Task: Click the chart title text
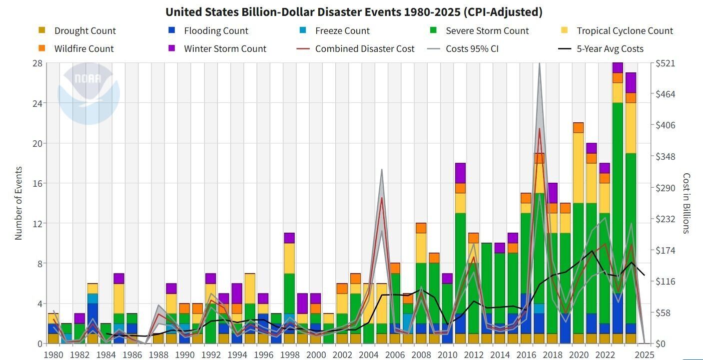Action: pyautogui.click(x=354, y=12)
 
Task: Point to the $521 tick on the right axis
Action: pyautogui.click(x=666, y=63)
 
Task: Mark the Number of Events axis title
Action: pyautogui.click(x=19, y=203)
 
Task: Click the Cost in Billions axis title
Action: pyautogui.click(x=686, y=203)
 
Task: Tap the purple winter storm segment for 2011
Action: pyautogui.click(x=460, y=173)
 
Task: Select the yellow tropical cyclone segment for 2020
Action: pyautogui.click(x=578, y=167)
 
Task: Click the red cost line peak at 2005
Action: pyautogui.click(x=382, y=198)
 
